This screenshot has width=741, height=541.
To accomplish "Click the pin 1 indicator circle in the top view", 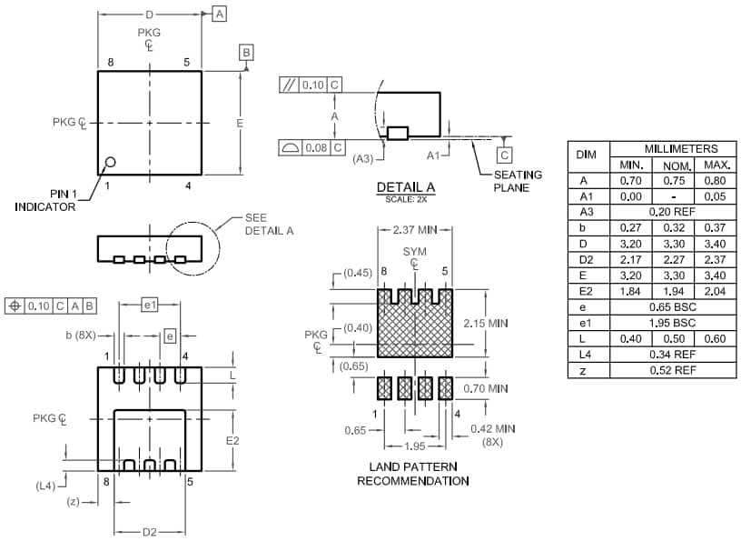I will coord(111,163).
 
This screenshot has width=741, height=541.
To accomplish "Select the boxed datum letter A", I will coord(219,14).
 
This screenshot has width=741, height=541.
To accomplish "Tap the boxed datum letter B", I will coord(246,53).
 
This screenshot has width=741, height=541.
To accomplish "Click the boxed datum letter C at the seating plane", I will coord(504,155).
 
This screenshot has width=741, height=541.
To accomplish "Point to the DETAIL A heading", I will coord(406,187).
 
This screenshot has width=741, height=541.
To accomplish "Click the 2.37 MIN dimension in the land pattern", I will coord(414,229).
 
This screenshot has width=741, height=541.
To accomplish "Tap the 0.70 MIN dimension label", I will coord(486,388).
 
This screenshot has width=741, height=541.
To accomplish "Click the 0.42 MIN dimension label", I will coord(492,428).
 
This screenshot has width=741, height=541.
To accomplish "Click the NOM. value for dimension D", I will coord(673,244).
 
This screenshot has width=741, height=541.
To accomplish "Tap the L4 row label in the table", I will coord(586,355).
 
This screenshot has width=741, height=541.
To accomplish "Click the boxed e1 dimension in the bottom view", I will coord(151,305).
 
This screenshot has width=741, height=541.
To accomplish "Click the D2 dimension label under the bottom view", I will coord(150,531).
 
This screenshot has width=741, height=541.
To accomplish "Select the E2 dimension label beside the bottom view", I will coord(232,440).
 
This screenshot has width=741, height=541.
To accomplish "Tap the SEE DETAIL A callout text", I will coord(269,225).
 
